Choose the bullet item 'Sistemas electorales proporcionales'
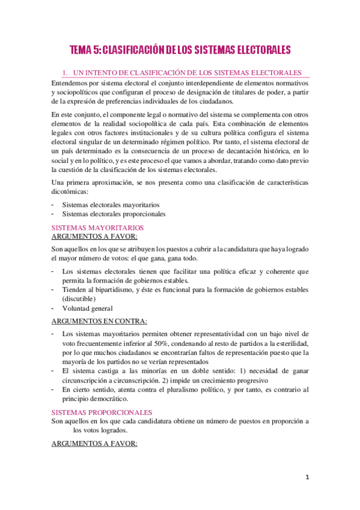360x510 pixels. pos(114,214)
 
